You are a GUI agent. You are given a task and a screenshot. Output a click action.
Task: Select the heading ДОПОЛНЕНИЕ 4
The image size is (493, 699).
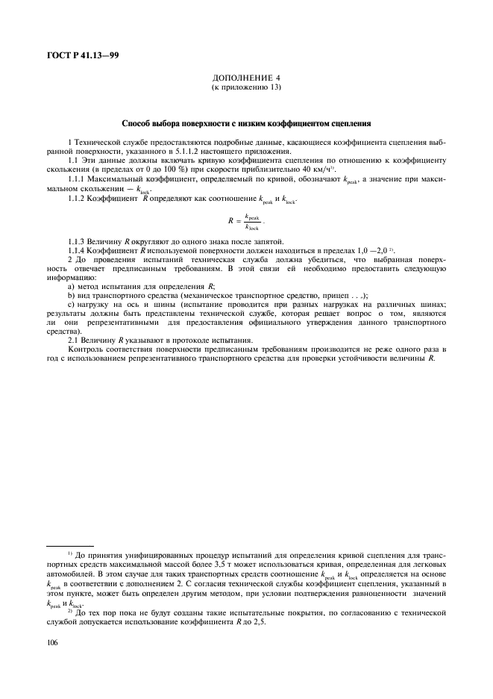click(x=245, y=77)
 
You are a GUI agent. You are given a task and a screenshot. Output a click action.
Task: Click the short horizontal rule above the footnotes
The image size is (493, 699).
click(x=70, y=546)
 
